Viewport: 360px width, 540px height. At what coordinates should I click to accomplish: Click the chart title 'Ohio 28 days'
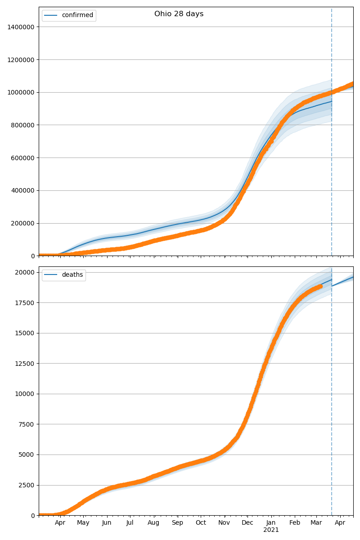(179, 14)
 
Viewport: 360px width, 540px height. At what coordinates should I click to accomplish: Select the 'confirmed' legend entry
(77, 15)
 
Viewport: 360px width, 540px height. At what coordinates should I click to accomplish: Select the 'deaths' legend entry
(72, 275)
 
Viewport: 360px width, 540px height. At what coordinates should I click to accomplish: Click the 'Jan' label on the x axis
(271, 522)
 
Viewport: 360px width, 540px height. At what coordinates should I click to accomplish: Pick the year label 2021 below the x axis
(271, 530)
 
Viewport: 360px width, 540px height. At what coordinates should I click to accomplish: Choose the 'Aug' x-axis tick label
(154, 522)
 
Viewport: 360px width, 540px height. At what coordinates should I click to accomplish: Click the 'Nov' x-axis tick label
(224, 522)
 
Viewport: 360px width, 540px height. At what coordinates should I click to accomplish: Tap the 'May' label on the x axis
(83, 522)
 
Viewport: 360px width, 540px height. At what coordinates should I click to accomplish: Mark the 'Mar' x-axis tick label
(316, 522)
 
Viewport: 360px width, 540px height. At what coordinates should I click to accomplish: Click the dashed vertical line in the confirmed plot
(332, 180)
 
